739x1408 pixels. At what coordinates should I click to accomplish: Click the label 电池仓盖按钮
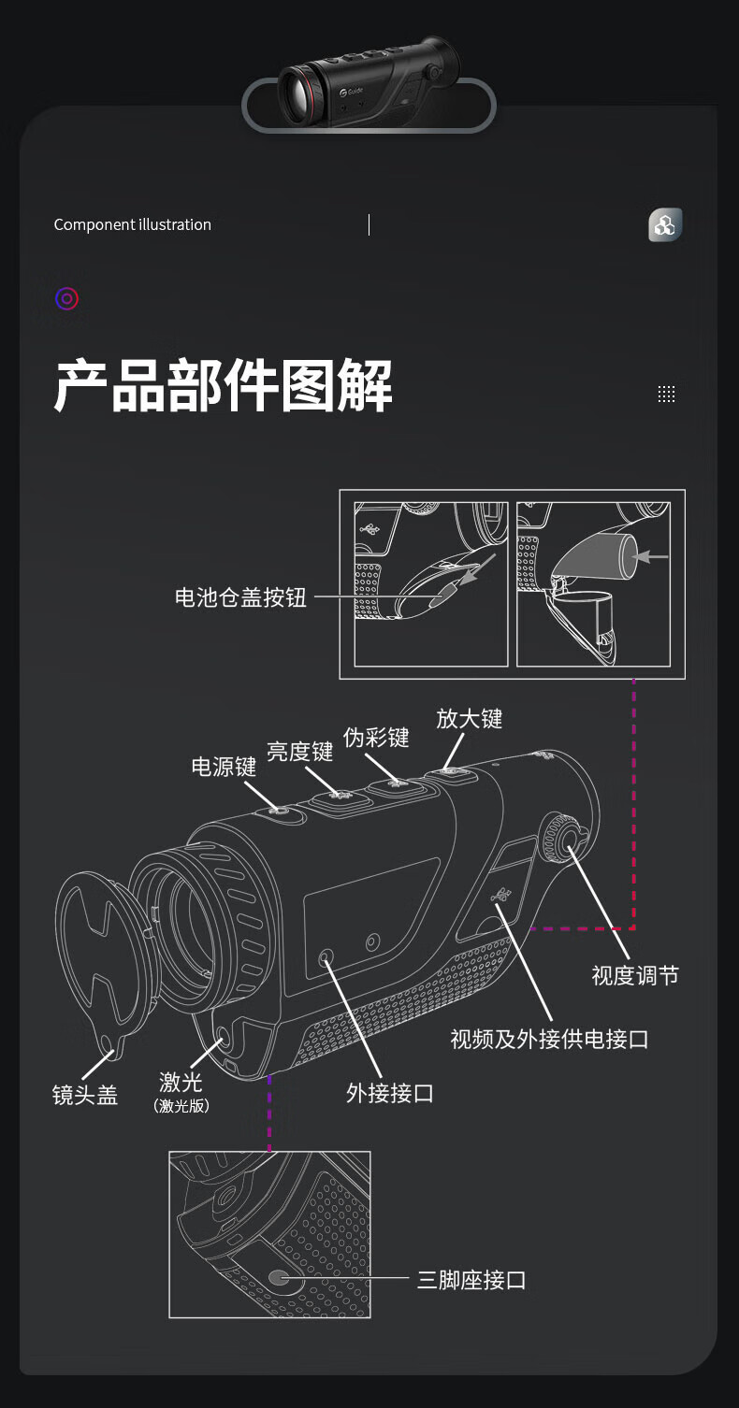(240, 597)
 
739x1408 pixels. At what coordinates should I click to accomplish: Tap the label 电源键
(224, 767)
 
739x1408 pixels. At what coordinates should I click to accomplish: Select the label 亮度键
(299, 751)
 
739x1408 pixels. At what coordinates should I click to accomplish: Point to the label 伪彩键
(376, 737)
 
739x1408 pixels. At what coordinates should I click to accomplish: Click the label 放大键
(470, 718)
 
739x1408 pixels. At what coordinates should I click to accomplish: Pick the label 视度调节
(635, 975)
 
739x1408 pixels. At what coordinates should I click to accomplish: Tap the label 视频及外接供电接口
(549, 1039)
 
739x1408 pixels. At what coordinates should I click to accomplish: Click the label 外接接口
(389, 1092)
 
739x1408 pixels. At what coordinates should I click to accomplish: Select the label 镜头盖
(85, 1095)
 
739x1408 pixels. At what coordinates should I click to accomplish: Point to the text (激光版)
(181, 1106)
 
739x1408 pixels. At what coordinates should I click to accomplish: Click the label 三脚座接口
(471, 1280)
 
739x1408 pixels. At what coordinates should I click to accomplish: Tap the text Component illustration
(133, 224)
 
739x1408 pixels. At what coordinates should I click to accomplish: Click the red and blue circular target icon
(66, 299)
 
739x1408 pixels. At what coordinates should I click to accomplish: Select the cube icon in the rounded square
(665, 225)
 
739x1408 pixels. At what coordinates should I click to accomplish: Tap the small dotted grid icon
(666, 394)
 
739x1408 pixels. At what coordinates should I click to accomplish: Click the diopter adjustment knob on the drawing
(561, 834)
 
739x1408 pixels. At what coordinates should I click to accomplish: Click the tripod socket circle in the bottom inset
(278, 1278)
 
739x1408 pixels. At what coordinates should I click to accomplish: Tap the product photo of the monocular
(369, 83)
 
